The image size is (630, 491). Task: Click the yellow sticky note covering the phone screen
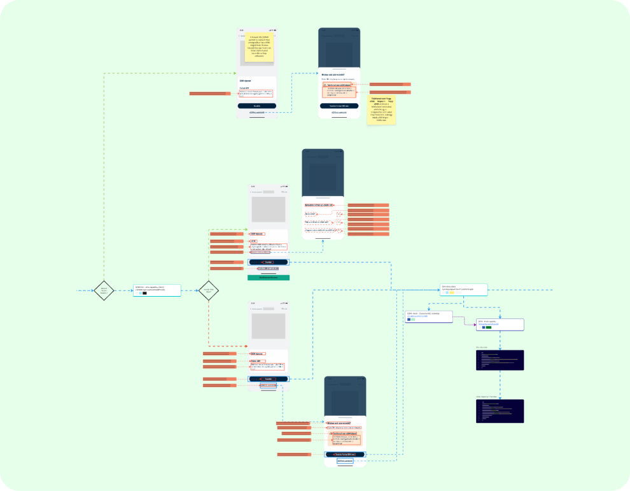[259, 47]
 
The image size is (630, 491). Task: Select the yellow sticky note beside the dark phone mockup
[380, 110]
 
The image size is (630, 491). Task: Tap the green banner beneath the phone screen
[269, 278]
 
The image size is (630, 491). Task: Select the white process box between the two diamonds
[157, 290]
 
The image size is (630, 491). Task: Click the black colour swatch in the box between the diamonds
[144, 293]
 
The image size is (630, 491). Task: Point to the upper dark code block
[500, 360]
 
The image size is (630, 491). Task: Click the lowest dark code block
[500, 411]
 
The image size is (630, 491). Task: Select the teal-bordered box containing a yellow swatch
[463, 290]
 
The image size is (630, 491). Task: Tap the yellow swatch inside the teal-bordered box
[451, 293]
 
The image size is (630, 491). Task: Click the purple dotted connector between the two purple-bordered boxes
[465, 318]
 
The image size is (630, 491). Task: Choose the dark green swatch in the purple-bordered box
[489, 328]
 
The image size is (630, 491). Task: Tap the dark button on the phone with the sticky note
[256, 106]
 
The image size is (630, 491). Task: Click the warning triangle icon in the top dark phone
[325, 84]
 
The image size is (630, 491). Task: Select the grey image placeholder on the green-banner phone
[268, 209]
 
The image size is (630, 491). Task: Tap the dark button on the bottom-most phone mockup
[344, 454]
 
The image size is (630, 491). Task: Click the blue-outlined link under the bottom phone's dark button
[344, 461]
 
